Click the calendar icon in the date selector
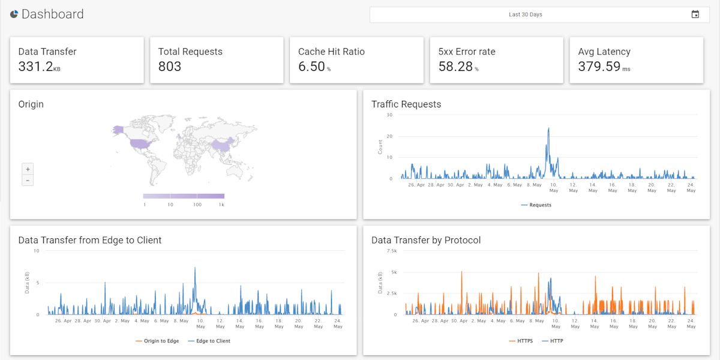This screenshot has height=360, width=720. (695, 14)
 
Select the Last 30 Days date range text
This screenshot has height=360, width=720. (525, 14)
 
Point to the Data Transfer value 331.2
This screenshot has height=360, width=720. (35, 67)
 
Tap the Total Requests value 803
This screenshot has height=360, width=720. (170, 67)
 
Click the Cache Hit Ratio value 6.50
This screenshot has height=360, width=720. (311, 67)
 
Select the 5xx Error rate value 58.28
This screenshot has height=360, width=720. (455, 67)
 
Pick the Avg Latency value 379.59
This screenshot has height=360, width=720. (599, 67)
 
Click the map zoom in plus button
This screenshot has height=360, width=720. (28, 169)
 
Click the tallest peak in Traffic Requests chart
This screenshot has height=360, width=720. (548, 128)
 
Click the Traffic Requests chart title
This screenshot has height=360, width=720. (406, 104)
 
